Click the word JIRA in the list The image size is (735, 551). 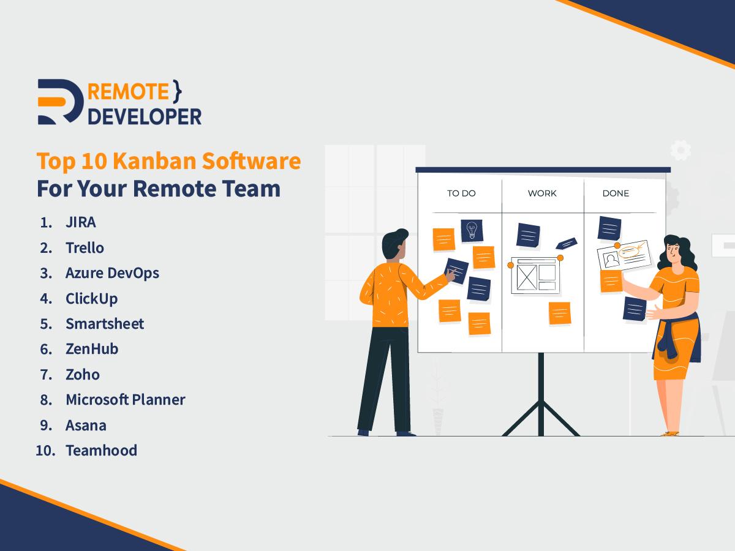(x=80, y=222)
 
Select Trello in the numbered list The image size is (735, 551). (x=85, y=248)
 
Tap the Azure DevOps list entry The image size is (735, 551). (x=112, y=273)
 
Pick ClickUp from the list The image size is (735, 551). (x=91, y=299)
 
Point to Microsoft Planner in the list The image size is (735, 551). (x=125, y=400)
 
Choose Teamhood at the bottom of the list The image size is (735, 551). (x=101, y=451)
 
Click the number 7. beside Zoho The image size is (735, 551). (x=46, y=375)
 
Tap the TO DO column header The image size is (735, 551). (x=461, y=193)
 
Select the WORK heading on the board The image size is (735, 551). (x=542, y=193)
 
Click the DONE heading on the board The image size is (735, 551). (x=616, y=193)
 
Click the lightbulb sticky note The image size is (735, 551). (x=472, y=231)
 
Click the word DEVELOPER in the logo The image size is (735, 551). (x=145, y=116)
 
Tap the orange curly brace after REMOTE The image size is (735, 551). (x=178, y=91)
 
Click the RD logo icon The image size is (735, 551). (x=59, y=102)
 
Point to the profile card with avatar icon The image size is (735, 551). (x=624, y=256)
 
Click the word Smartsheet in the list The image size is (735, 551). (x=105, y=324)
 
